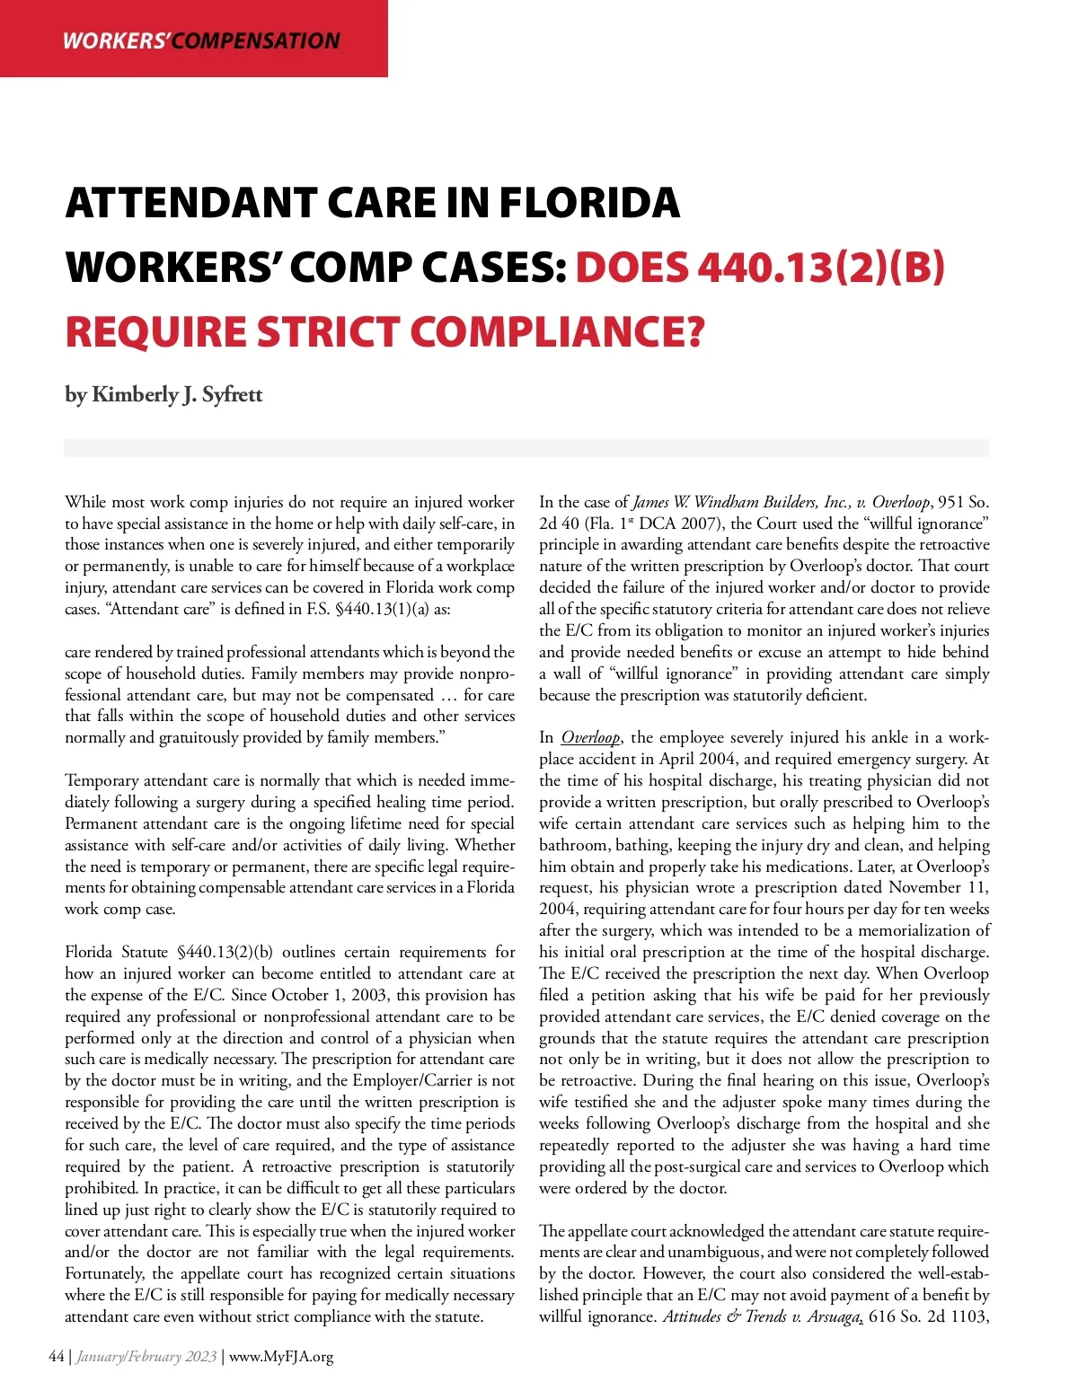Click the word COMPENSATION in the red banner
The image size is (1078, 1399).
point(256,41)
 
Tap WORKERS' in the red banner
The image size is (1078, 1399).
point(116,41)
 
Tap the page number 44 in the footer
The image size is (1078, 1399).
point(57,1357)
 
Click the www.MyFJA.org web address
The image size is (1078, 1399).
point(281,1357)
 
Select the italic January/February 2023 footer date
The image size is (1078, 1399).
point(146,1357)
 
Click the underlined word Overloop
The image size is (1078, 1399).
point(590,738)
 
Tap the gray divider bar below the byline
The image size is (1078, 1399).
point(526,448)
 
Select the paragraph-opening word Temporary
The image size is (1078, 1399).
point(102,781)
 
